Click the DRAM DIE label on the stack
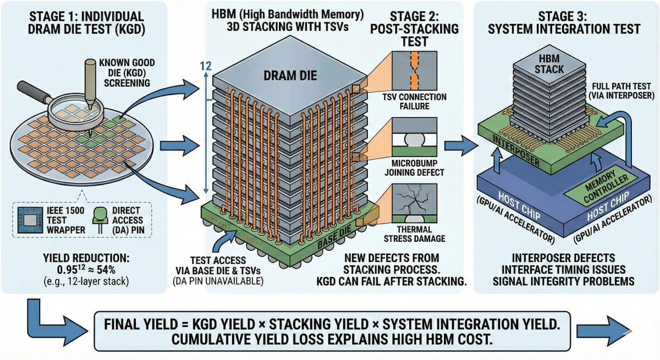pos(291,75)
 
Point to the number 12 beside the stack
pos(206,67)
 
